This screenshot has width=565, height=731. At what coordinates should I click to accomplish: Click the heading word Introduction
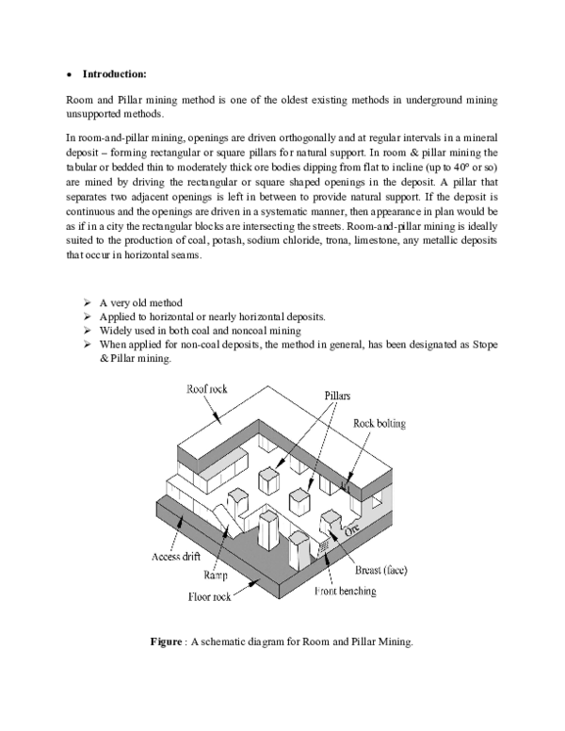coord(114,73)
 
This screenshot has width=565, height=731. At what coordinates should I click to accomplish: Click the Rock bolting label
coord(379,424)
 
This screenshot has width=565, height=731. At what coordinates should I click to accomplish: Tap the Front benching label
coord(345,592)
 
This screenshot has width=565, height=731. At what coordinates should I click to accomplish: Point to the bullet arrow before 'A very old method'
coord(87,302)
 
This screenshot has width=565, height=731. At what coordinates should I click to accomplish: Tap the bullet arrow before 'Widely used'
coord(87,331)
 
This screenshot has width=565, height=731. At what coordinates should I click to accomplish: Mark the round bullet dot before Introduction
coord(71,73)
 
